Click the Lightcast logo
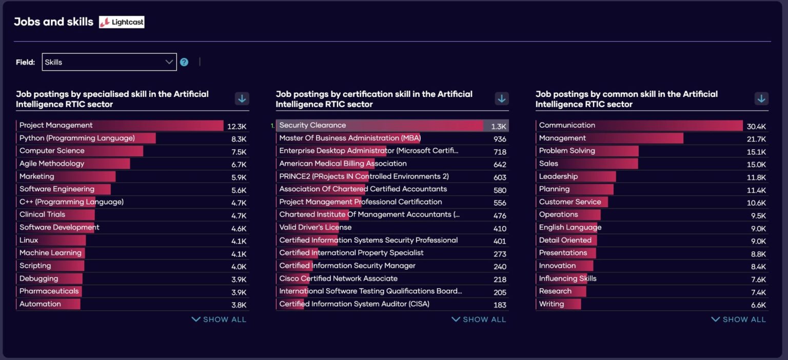122,22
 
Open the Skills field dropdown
109,62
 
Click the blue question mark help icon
184,62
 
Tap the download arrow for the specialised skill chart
242,98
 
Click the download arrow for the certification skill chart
502,98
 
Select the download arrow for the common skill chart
761,98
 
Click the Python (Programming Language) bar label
77,138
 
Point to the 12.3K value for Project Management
237,126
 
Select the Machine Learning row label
50,253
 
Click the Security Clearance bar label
312,125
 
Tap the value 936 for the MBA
500,139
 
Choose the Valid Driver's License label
315,227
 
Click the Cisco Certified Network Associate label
338,278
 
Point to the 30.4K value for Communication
756,126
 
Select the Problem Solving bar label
567,151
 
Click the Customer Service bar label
569,202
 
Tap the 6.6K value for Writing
758,305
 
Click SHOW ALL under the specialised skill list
219,319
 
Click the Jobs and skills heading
53,22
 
